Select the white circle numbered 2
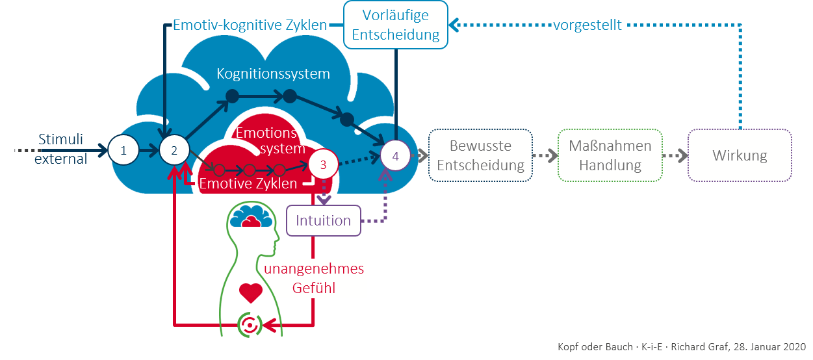174,151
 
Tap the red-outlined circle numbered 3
324,164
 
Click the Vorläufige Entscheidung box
396,25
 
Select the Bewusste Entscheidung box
480,155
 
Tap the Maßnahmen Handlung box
610,155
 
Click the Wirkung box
740,155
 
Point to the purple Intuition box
323,220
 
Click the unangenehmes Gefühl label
313,278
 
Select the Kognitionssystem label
273,73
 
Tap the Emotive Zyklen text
248,184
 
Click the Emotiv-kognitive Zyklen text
250,26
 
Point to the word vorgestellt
587,25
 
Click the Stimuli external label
60,149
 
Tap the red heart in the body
250,292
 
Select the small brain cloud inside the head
251,216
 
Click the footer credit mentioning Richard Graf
681,346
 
